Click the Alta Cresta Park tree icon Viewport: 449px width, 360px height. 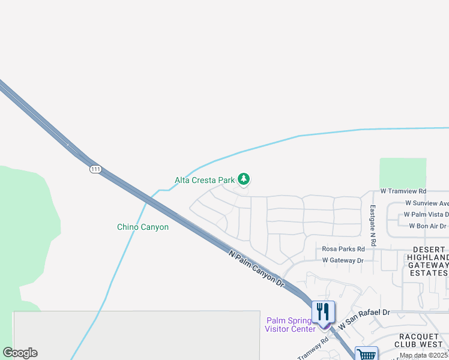pyautogui.click(x=244, y=179)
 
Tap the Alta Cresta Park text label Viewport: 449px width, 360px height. pyautogui.click(x=204, y=180)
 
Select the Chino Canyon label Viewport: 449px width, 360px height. pyautogui.click(x=142, y=227)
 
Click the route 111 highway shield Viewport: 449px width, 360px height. pyautogui.click(x=95, y=169)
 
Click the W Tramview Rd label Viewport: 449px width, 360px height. pyautogui.click(x=403, y=191)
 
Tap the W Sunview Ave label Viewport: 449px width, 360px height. pyautogui.click(x=426, y=203)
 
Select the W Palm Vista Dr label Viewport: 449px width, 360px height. pyautogui.click(x=426, y=214)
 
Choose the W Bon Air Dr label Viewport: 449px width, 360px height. pyautogui.click(x=427, y=226)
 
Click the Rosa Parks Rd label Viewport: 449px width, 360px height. pyautogui.click(x=343, y=249)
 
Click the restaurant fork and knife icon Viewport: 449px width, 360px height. pyautogui.click(x=324, y=312)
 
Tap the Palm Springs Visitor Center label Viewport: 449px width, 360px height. pyautogui.click(x=291, y=325)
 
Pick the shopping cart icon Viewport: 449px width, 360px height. pyautogui.click(x=366, y=355)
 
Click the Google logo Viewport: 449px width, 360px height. pyautogui.click(x=20, y=353)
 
